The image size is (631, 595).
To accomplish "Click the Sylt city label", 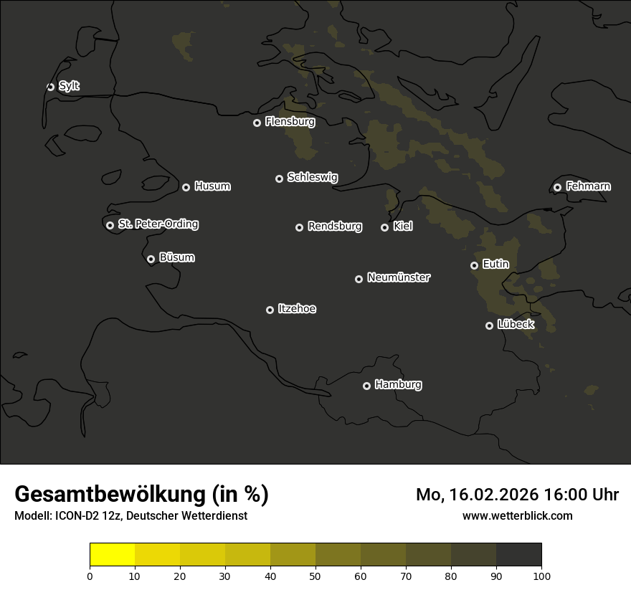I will (x=69, y=86).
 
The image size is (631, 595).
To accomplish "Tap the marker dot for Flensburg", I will (x=257, y=123).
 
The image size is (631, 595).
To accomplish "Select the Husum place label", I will (x=212, y=186).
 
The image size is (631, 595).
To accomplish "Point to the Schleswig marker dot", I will (x=279, y=178).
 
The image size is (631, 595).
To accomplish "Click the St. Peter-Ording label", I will (x=158, y=224).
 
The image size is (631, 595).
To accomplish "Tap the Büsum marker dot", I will (x=151, y=260).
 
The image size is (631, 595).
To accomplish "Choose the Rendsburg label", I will (x=335, y=227).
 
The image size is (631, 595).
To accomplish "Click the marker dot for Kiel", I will (x=384, y=227).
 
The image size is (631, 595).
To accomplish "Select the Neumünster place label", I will (x=399, y=277).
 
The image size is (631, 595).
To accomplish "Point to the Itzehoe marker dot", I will (x=270, y=310).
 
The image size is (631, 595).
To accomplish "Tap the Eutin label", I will (x=495, y=265).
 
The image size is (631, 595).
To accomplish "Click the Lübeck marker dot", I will (x=489, y=325).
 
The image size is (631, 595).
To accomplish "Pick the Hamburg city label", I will (x=398, y=385).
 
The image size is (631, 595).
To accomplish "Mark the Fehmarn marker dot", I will (x=557, y=188).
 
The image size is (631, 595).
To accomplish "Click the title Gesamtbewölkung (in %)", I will (x=141, y=495).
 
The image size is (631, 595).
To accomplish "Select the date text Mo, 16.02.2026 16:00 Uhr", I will (x=517, y=495).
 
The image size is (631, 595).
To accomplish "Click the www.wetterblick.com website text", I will (x=517, y=515).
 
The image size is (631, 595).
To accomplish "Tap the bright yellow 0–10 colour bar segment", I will (x=113, y=555).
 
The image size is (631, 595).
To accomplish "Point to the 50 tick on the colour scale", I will (x=315, y=575).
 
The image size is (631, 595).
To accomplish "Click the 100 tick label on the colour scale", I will (x=541, y=575).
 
